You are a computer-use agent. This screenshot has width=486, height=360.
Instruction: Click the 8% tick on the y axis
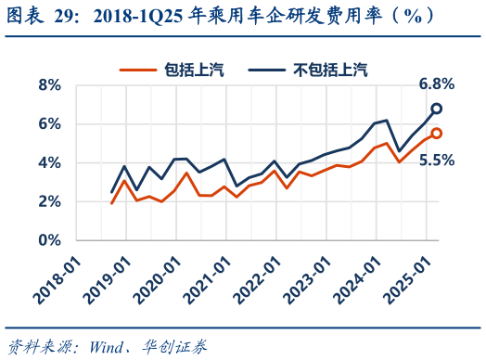coord(48,84)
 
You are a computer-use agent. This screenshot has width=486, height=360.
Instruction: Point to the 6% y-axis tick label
coord(48,123)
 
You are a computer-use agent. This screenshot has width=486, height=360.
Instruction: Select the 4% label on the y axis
coord(48,162)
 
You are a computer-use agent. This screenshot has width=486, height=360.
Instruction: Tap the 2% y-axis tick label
coord(48,201)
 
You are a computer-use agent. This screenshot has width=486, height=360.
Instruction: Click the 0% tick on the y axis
coord(48,240)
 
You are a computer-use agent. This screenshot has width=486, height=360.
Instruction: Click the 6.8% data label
coord(436,84)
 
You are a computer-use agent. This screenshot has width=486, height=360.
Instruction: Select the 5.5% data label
coord(436,160)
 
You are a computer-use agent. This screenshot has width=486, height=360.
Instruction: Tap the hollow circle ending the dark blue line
coord(436,109)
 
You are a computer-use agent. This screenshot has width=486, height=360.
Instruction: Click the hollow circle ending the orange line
coord(436,133)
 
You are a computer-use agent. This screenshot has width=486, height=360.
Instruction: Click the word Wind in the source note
coord(109,346)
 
